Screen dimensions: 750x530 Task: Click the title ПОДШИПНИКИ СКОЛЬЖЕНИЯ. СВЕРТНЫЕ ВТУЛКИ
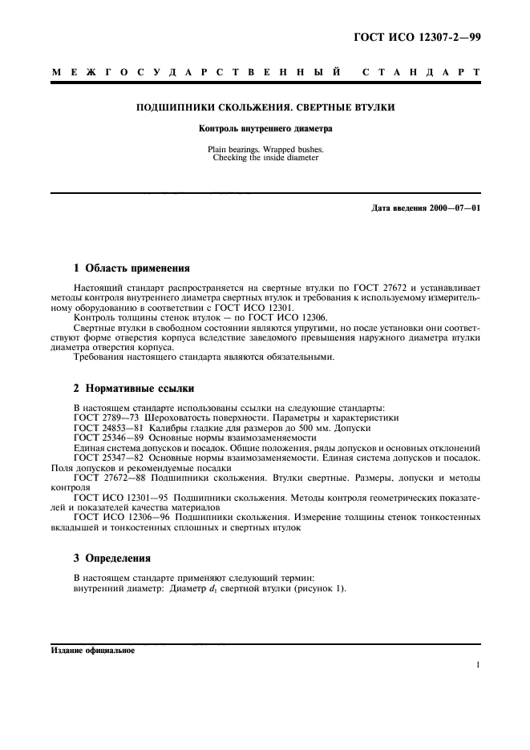point(265,107)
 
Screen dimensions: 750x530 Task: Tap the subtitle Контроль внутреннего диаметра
point(265,128)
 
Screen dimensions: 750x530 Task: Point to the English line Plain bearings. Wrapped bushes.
point(265,149)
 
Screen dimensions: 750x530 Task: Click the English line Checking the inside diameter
point(265,158)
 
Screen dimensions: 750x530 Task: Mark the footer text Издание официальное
point(92,651)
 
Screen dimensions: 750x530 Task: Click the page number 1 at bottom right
point(477,665)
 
